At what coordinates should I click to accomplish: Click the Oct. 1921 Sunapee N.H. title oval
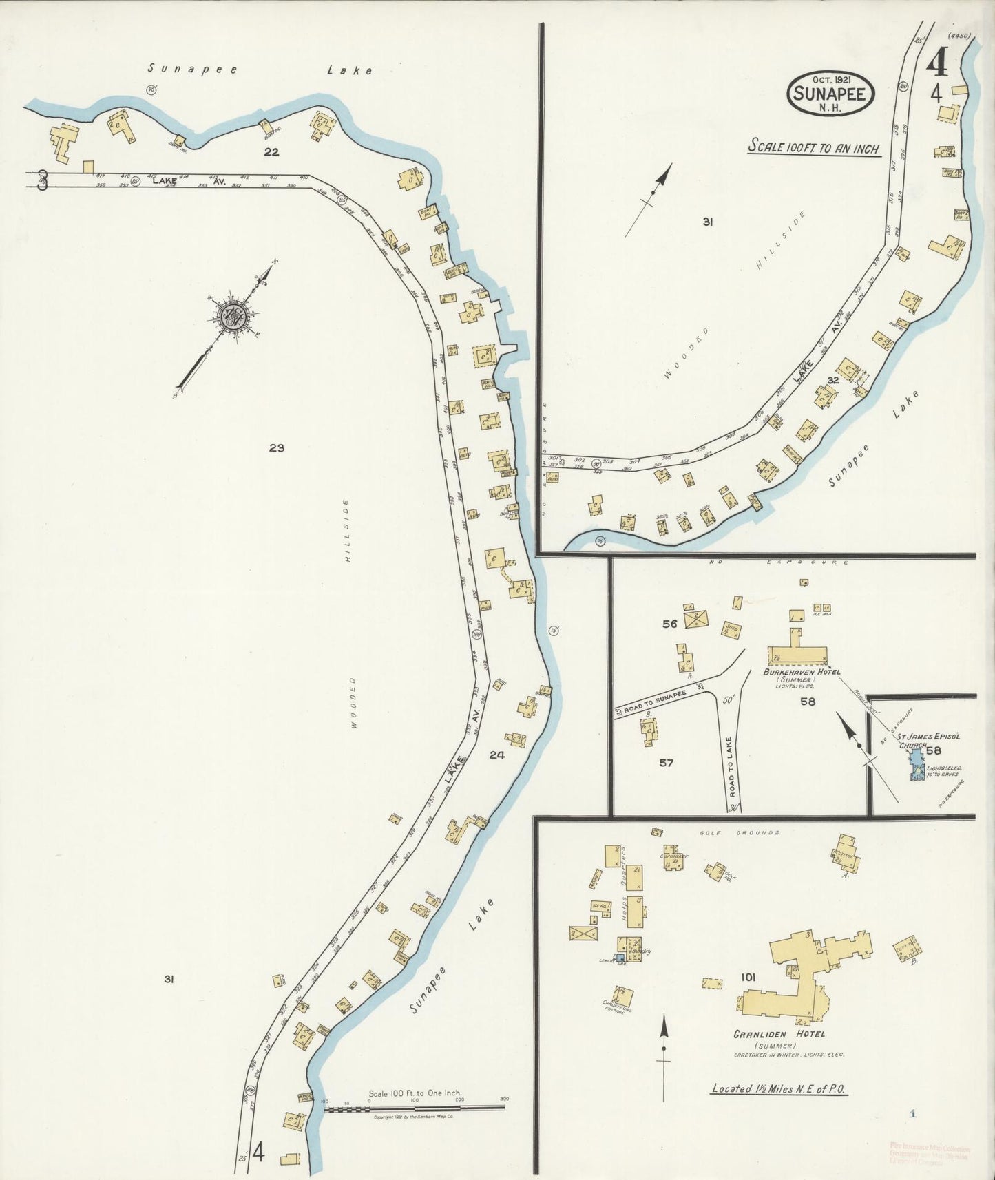click(x=832, y=94)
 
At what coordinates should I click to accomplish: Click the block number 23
click(x=277, y=448)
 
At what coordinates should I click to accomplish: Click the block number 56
click(x=670, y=624)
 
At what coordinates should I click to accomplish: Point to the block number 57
click(x=666, y=762)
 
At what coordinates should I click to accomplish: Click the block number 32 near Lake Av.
click(x=833, y=379)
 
